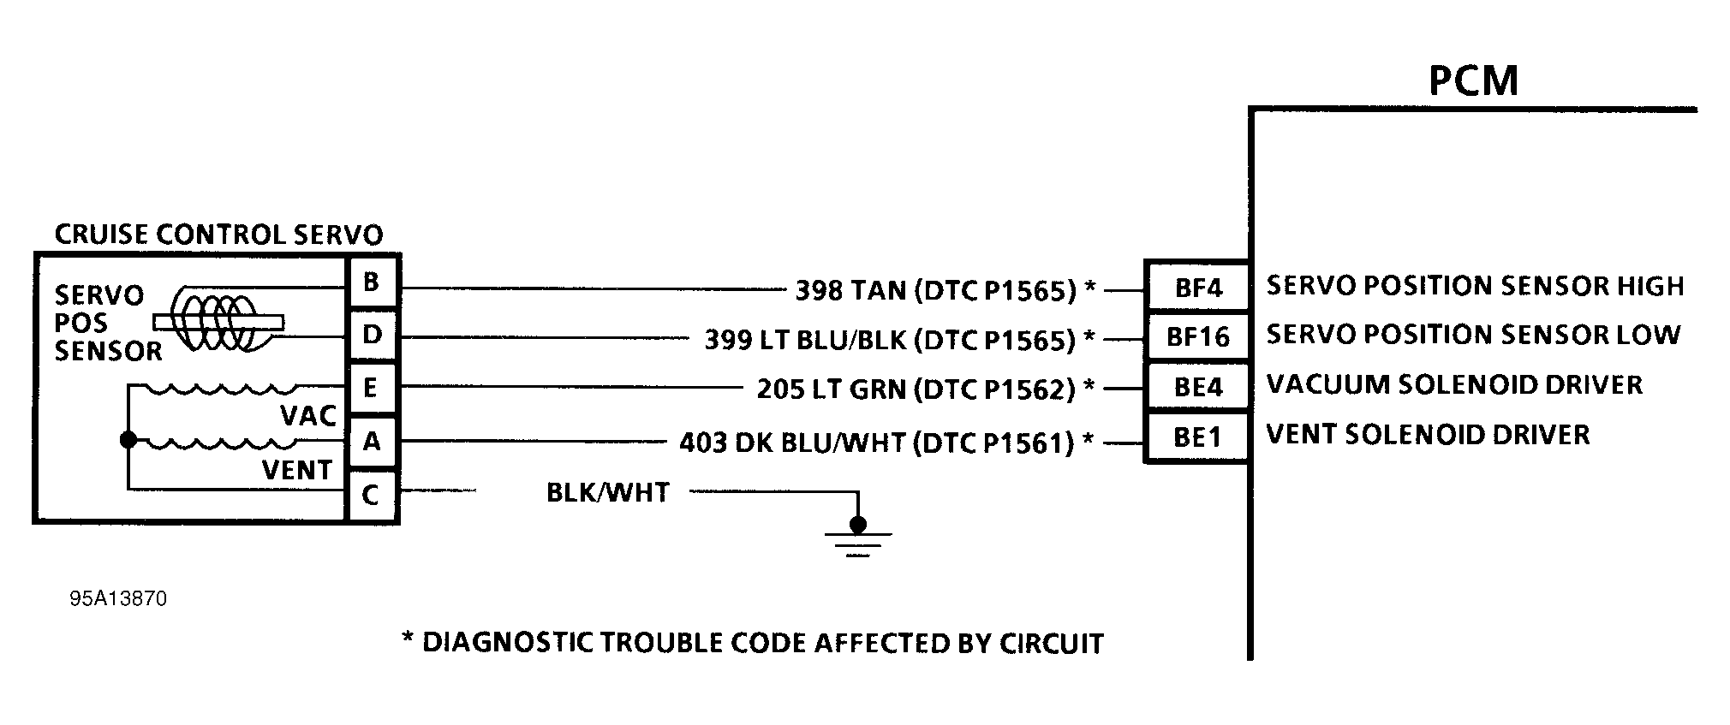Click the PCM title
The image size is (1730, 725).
pos(1473,80)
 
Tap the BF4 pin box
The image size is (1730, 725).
pos(1197,288)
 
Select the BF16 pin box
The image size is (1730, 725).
pos(1197,336)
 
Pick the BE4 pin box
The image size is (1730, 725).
pos(1197,387)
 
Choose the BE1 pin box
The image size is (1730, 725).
pos(1197,437)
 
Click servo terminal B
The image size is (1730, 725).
pos(372,282)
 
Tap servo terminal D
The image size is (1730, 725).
pos(372,335)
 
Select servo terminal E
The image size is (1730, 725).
pos(372,388)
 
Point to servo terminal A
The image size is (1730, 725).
pos(372,442)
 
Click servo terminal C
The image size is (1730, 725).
pos(372,495)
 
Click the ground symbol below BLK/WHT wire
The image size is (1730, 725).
pos(857,539)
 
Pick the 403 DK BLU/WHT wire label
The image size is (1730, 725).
pos(876,443)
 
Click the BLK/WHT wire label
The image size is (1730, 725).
pos(607,493)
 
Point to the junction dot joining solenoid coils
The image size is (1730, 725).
pos(128,440)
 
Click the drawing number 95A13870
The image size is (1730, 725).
pos(118,598)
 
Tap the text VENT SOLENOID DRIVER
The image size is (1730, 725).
pos(1428,435)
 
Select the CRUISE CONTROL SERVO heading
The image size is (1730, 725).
pos(218,235)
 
